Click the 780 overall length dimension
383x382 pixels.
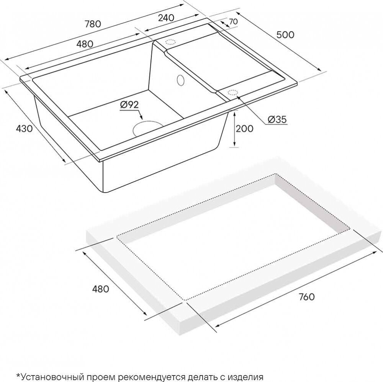93,24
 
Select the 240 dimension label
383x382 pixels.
166,18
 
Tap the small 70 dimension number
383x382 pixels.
233,21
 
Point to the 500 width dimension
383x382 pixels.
285,35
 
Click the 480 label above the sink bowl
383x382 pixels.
85,44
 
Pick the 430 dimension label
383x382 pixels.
24,128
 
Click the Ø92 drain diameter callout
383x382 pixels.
129,104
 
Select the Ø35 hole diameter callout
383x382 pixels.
277,119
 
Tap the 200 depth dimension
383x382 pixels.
244,128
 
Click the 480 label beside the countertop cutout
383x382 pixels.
100,289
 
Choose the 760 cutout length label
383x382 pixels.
306,297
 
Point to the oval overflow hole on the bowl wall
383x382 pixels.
180,80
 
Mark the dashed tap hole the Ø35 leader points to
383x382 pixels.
233,93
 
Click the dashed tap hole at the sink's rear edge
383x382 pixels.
171,42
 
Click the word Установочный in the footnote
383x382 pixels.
52,377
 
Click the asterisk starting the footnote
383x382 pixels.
18,375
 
